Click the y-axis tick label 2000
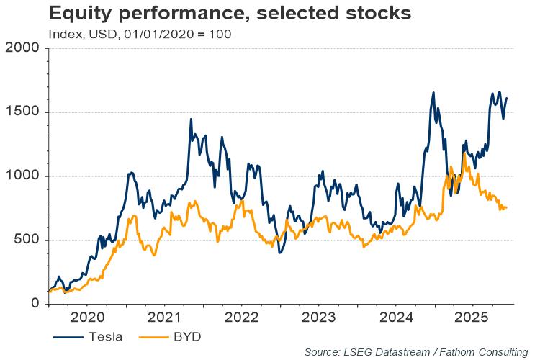(22, 49)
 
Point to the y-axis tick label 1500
(22, 112)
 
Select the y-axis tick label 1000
(22, 176)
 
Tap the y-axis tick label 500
(27, 240)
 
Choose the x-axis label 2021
(165, 318)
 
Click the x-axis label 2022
(243, 318)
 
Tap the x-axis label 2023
(320, 318)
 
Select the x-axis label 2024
(397, 318)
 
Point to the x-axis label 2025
(475, 318)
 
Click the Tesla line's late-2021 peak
(191, 119)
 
